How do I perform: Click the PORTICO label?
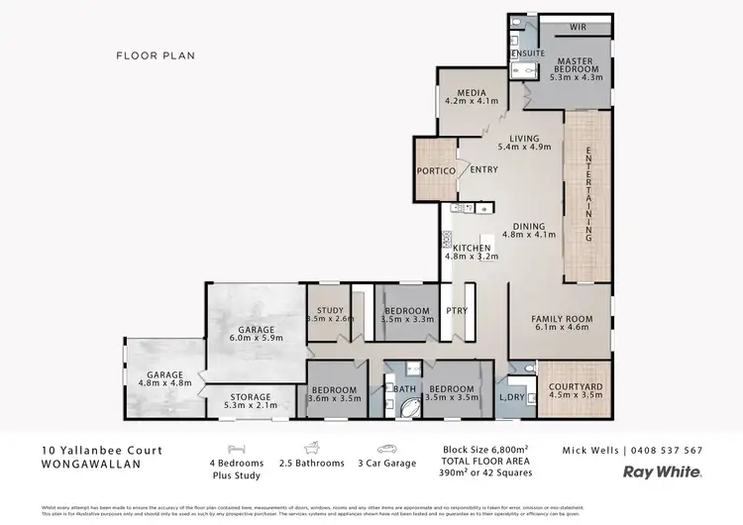436,170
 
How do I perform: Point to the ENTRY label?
484,169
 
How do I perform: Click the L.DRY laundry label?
512,397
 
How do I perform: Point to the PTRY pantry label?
457,311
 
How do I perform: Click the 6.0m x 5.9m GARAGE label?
256,334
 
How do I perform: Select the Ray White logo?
663,472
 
